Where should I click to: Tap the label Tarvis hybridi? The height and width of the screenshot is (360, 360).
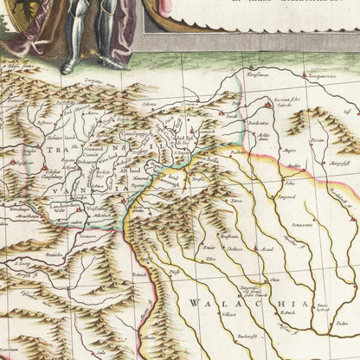322,307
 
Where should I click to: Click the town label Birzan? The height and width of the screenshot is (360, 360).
318,139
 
